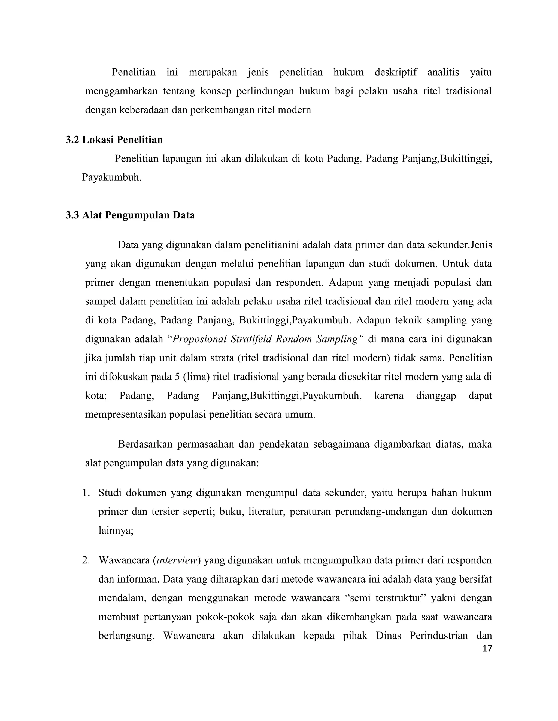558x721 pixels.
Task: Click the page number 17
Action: (x=487, y=648)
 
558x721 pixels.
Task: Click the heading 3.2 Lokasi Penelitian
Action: (x=114, y=140)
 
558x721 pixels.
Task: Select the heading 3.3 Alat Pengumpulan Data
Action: (x=130, y=215)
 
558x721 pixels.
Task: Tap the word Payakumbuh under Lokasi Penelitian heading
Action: (x=111, y=177)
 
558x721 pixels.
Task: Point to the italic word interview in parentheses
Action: (x=177, y=560)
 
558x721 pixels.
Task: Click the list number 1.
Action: (x=86, y=493)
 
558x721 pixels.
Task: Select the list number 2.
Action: (x=86, y=560)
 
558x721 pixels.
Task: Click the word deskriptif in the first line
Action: (x=396, y=72)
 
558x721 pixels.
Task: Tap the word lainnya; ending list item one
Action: (x=116, y=531)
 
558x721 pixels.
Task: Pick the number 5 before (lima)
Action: (x=178, y=377)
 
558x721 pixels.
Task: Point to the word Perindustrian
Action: (x=439, y=636)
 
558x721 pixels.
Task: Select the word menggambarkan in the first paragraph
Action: (x=121, y=91)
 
